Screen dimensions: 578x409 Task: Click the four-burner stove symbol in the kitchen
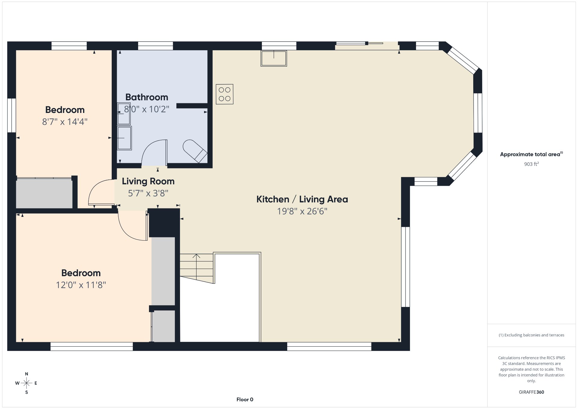click(x=225, y=94)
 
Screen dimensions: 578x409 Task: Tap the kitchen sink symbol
click(x=274, y=58)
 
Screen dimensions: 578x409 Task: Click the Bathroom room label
click(x=147, y=97)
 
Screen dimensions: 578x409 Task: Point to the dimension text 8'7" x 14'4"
click(x=65, y=122)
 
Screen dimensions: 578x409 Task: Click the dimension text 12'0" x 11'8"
click(x=81, y=285)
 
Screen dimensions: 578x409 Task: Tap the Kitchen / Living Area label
click(x=302, y=199)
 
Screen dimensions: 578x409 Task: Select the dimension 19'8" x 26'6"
click(x=302, y=211)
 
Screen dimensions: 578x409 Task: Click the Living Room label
click(x=148, y=181)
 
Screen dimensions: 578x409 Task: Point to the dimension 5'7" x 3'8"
click(x=148, y=193)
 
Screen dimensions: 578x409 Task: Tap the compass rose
click(x=26, y=383)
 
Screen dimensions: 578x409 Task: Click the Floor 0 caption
click(x=245, y=400)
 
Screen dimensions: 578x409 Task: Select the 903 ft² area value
click(x=531, y=164)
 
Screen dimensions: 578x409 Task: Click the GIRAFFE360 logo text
click(x=531, y=392)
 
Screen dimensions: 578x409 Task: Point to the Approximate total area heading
click(x=531, y=154)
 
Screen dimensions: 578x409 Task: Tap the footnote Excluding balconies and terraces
click(x=531, y=335)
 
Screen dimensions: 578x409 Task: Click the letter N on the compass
click(x=26, y=374)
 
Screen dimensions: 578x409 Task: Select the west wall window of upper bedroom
click(x=11, y=115)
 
